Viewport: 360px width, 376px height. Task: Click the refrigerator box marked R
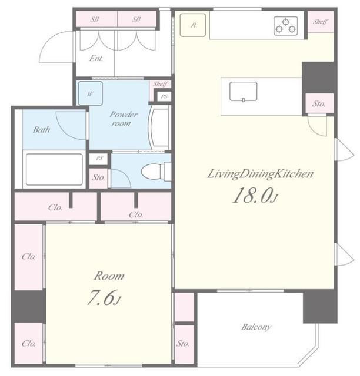click(x=192, y=25)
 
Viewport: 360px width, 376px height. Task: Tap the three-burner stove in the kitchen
click(x=285, y=26)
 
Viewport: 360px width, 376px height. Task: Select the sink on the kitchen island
click(x=244, y=92)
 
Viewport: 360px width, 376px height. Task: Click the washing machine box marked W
click(x=91, y=93)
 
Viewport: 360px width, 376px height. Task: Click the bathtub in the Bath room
click(x=54, y=169)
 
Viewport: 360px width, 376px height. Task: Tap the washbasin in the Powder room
click(x=159, y=129)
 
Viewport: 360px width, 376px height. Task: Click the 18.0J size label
click(x=255, y=196)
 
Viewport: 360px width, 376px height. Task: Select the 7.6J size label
click(x=104, y=297)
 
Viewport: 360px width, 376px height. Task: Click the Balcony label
click(x=256, y=327)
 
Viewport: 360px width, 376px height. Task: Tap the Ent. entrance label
click(x=96, y=58)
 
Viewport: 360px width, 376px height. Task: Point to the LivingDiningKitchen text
click(x=261, y=174)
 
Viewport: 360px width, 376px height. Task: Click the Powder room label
click(x=123, y=119)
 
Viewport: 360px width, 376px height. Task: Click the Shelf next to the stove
click(x=321, y=22)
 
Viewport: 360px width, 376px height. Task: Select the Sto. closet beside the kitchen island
click(x=319, y=103)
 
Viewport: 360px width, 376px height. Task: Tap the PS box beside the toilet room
click(x=99, y=159)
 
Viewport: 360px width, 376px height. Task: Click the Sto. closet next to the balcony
click(x=184, y=343)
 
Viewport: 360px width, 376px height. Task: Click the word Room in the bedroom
click(x=109, y=276)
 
